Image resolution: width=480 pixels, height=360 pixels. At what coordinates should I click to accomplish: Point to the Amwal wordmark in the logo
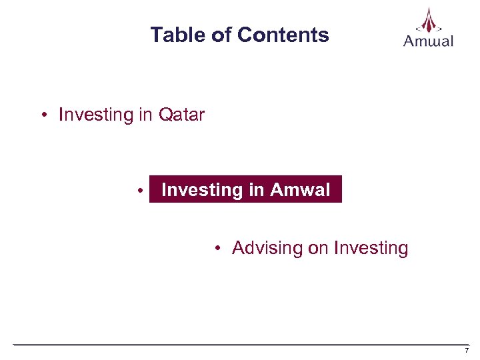[x=429, y=41]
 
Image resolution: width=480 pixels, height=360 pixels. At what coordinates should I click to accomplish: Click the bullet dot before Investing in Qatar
[x=43, y=115]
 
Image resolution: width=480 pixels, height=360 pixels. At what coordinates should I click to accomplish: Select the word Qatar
[x=181, y=115]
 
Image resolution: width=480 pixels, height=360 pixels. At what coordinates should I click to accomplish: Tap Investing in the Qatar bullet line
[x=96, y=115]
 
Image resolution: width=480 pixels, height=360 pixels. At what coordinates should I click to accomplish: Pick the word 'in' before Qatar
[x=146, y=115]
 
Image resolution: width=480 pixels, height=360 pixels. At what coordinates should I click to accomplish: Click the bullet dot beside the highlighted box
[x=141, y=191]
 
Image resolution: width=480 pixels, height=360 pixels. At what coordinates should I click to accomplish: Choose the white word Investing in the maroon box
[x=203, y=190]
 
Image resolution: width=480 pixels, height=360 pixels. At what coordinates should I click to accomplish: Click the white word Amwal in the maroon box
[x=300, y=190]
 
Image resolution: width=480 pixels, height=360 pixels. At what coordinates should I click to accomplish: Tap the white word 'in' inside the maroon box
[x=257, y=190]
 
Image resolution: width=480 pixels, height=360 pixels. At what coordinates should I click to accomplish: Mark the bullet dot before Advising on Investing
[x=217, y=249]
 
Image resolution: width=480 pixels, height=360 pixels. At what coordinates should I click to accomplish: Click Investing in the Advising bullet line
[x=371, y=248]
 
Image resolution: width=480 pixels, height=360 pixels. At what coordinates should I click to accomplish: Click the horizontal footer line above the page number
[x=240, y=345]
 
